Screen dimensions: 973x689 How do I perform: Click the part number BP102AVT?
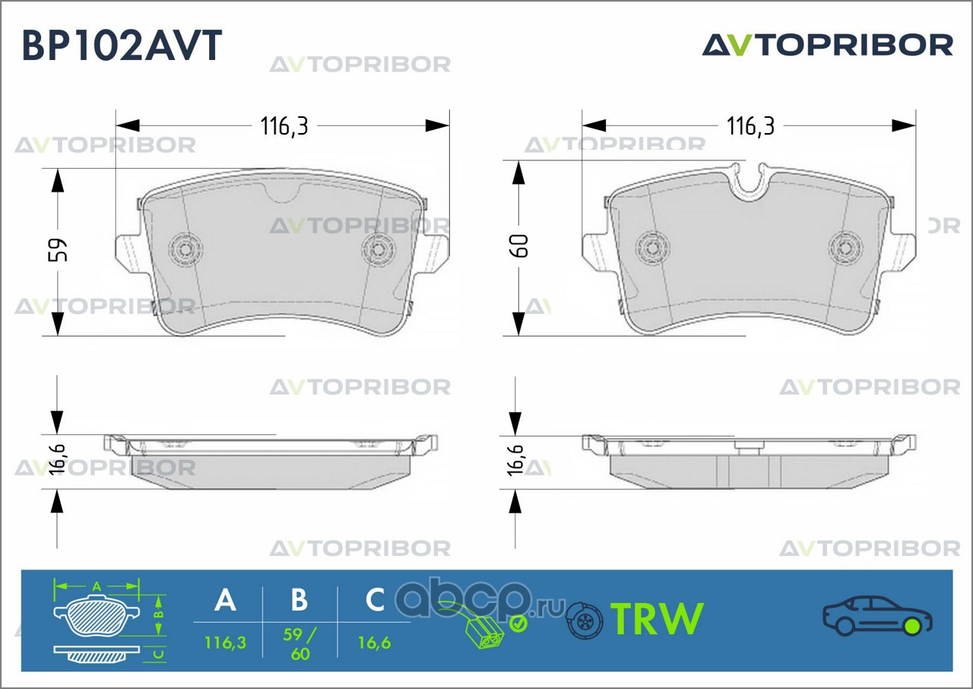(122, 45)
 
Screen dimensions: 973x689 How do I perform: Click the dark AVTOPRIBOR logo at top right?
(828, 45)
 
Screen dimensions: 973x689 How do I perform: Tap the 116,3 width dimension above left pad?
(284, 126)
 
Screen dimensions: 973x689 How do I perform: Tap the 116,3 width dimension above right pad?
(750, 126)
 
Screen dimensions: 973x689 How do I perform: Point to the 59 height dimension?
(58, 249)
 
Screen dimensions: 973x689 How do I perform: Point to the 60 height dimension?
(518, 246)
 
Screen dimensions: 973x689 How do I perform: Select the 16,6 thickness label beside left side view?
(58, 459)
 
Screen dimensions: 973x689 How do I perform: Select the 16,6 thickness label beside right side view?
(516, 460)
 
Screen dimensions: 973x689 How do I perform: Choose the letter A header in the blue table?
(225, 600)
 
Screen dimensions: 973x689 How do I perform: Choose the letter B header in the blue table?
(300, 600)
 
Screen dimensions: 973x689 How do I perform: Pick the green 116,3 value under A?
(225, 643)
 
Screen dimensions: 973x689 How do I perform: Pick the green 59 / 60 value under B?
(300, 643)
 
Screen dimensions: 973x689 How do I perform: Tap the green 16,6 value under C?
(374, 643)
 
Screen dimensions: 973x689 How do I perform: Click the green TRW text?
(657, 618)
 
